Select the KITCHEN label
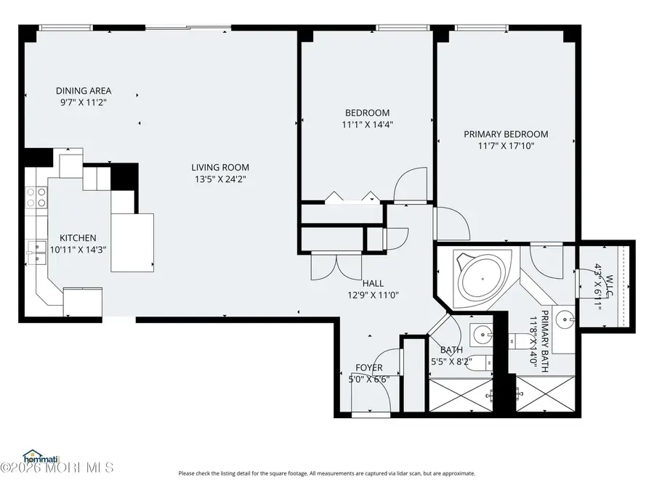tap(78, 238)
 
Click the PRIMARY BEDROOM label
tap(506, 134)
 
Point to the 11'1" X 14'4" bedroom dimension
tap(366, 124)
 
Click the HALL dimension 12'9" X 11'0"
tap(373, 294)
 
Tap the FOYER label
tap(369, 367)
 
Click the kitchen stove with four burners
tap(37, 197)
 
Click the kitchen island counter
tap(133, 241)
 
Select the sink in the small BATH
tap(480, 335)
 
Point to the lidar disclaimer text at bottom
tap(326, 473)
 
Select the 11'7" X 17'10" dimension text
tap(506, 146)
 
